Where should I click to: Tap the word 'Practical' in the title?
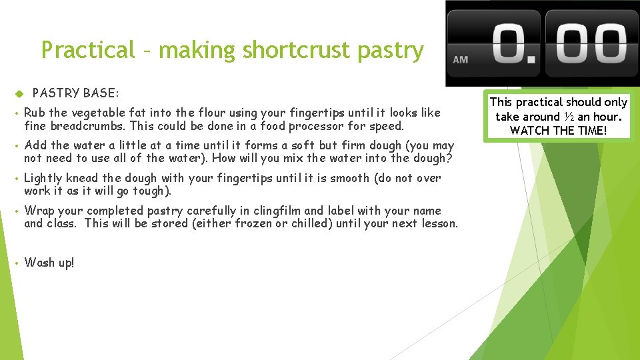click(88, 50)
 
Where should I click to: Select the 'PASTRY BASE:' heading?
click(75, 93)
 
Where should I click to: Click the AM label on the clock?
click(460, 59)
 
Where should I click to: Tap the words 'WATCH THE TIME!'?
click(559, 130)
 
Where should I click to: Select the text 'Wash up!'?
click(49, 263)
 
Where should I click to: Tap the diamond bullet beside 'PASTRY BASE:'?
click(19, 93)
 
